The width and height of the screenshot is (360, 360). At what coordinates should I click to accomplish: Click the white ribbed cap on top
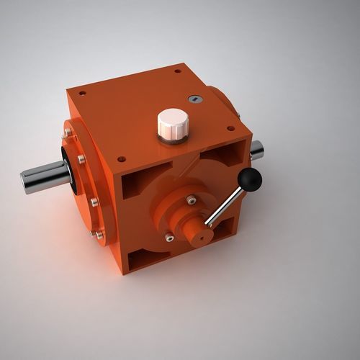173,123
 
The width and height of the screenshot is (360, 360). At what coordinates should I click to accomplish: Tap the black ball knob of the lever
250,180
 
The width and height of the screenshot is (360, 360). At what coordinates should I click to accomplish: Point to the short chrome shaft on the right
256,150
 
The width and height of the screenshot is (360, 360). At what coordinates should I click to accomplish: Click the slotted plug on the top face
195,99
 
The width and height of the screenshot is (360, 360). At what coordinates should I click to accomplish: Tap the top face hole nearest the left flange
81,93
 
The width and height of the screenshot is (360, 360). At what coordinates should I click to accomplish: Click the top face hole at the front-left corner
121,159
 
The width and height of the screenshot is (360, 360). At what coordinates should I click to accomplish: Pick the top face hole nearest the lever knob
231,129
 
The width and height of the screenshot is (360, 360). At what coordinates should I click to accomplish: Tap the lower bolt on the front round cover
169,238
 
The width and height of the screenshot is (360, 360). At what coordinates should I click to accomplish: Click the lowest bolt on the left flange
99,234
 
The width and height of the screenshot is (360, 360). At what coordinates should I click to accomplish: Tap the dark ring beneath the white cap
173,139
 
